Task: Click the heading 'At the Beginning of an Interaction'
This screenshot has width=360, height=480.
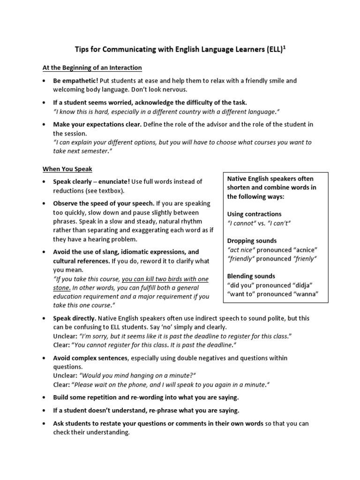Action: pos(92,68)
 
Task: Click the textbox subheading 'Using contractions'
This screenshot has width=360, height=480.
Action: pos(254,214)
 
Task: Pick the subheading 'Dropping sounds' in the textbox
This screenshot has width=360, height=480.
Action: pos(252,241)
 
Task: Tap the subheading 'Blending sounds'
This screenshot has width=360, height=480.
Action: pos(251,276)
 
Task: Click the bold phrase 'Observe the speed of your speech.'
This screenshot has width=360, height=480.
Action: pos(103,203)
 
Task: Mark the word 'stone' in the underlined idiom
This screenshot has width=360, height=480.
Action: pos(61,288)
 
